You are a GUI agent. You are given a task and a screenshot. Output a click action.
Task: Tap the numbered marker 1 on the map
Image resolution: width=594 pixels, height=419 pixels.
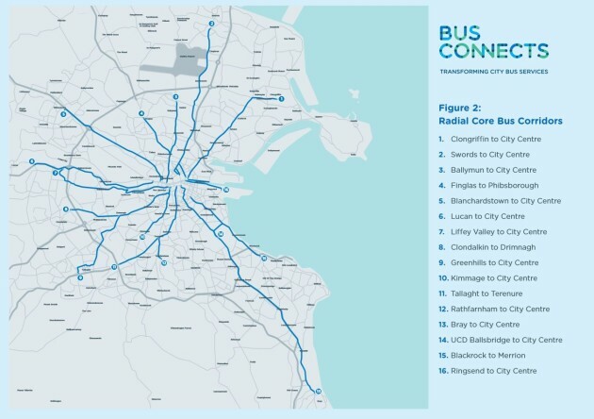(281, 98)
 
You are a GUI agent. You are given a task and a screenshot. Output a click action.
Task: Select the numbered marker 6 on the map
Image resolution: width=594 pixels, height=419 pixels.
(32, 161)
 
